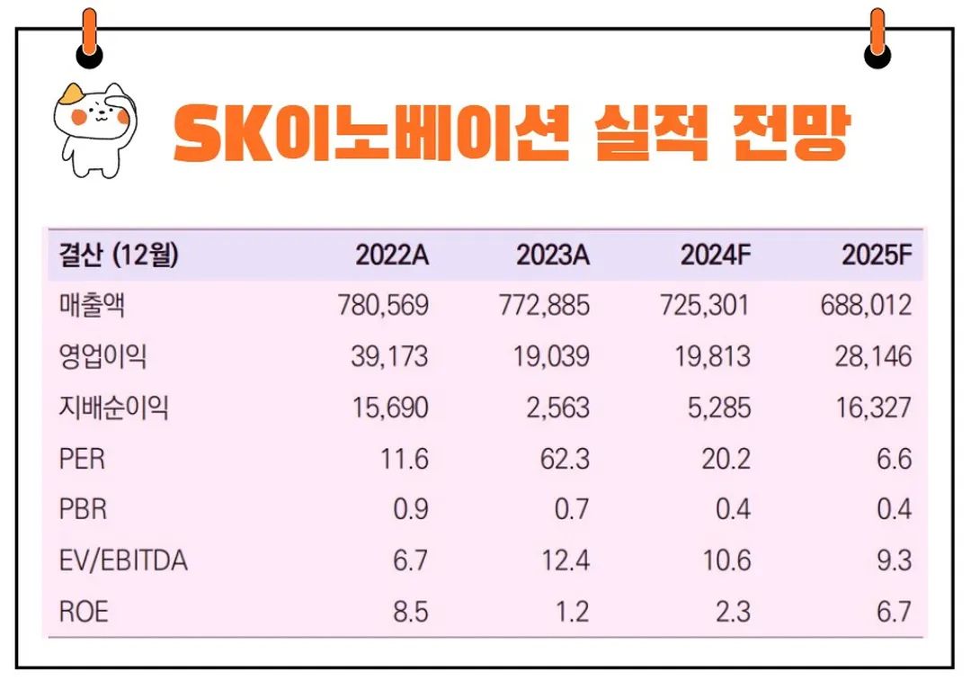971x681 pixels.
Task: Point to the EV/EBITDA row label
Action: (x=123, y=562)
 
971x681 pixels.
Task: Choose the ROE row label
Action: (x=84, y=614)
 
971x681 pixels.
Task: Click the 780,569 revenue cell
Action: (x=384, y=306)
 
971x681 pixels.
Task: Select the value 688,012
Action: (x=866, y=306)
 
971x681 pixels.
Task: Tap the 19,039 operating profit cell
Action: (x=550, y=357)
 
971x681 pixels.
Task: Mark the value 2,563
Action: (x=558, y=408)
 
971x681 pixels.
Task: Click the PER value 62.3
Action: (x=566, y=460)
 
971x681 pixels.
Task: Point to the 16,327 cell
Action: (x=871, y=408)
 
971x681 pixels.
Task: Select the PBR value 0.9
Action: (x=411, y=511)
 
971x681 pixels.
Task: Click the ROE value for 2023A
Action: (x=572, y=614)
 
